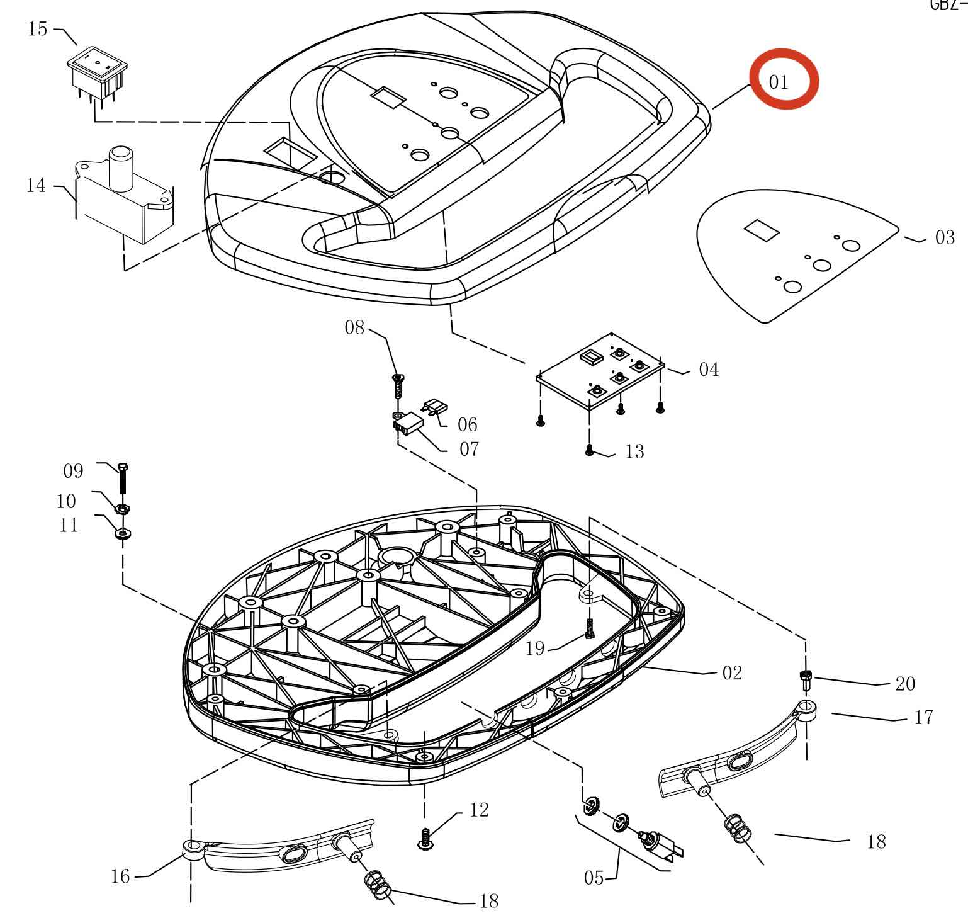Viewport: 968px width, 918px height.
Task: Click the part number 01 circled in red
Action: coord(779,82)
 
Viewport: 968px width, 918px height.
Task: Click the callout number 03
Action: coord(945,238)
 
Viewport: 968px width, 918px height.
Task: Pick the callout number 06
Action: coord(468,424)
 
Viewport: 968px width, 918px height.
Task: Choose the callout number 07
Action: coord(469,450)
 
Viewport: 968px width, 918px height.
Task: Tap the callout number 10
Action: coord(66,501)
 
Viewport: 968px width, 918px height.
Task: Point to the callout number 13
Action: coord(635,451)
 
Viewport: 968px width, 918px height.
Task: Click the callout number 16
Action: coord(120,876)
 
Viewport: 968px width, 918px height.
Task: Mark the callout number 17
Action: coord(923,718)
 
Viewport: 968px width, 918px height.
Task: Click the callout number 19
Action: coord(535,649)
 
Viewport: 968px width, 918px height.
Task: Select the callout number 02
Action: coord(732,673)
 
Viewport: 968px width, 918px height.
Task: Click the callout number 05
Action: coord(594,878)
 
